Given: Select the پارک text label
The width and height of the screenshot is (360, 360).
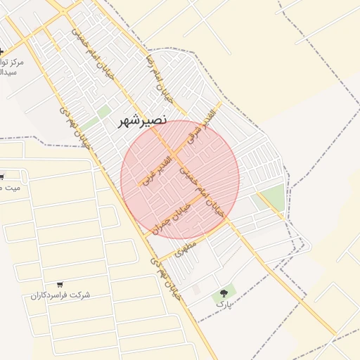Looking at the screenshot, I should coord(223,305).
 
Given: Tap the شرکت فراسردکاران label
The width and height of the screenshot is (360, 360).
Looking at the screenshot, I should coord(60,295).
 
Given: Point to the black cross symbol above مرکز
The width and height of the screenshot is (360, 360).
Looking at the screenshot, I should coord(1,51).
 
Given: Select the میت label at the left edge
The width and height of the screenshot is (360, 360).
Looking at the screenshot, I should coord(11,187).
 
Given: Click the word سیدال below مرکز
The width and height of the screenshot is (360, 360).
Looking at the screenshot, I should coord(8,72).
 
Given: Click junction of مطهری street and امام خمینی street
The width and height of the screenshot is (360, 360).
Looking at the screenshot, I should coord(229,224).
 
